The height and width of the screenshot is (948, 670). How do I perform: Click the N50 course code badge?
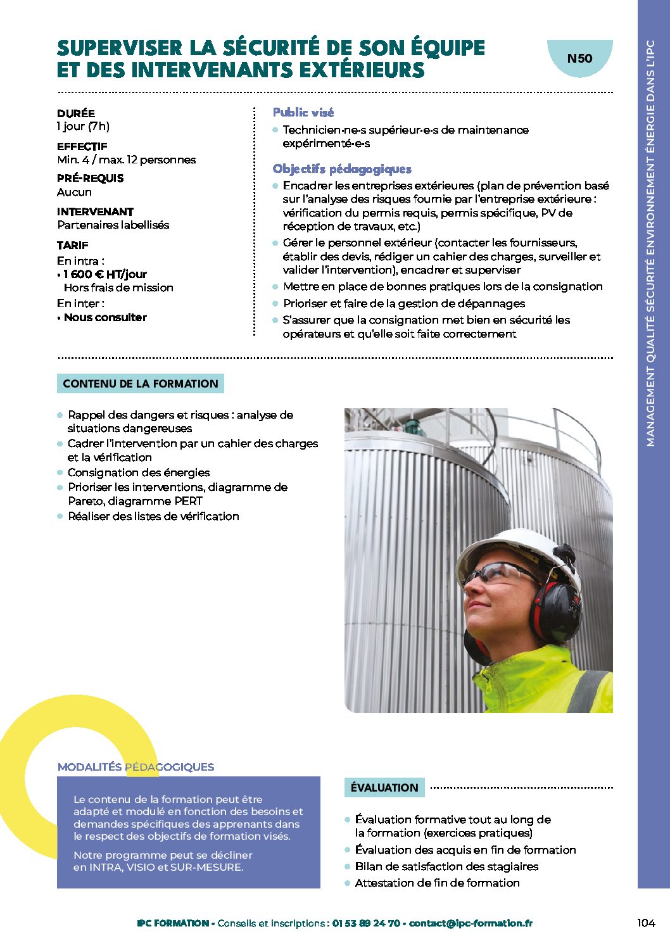(579, 58)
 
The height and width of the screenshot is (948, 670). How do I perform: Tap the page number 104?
(645, 923)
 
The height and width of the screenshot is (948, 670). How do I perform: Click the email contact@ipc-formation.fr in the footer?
(471, 923)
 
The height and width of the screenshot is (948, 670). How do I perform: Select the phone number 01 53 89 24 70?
(365, 923)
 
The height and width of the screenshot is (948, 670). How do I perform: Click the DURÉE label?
(76, 113)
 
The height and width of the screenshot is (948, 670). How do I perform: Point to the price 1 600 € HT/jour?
(105, 274)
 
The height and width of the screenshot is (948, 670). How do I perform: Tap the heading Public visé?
(303, 112)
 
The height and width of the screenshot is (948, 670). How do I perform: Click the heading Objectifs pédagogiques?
(342, 168)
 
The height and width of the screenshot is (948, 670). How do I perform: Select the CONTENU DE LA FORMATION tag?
(140, 383)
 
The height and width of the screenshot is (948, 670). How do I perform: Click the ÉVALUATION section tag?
(384, 787)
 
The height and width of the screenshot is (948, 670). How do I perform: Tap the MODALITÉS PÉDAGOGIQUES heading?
(136, 767)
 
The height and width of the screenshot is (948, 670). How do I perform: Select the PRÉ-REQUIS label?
(90, 178)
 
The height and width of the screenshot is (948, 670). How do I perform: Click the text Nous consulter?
(105, 317)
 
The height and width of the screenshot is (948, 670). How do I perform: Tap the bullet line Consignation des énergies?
(139, 472)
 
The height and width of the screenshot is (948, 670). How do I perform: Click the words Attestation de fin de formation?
(437, 883)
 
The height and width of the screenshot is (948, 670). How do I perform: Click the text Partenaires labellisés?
(113, 225)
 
